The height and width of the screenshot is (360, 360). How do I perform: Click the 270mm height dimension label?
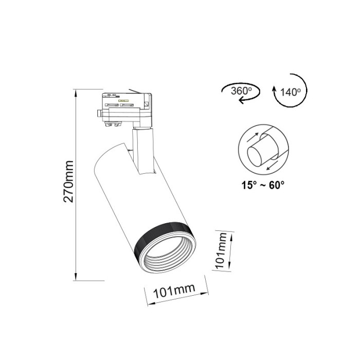(x=69, y=184)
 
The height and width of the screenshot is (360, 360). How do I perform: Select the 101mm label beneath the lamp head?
(x=175, y=292)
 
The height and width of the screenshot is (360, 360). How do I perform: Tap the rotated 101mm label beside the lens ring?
(x=222, y=251)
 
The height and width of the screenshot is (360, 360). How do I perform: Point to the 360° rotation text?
(x=241, y=91)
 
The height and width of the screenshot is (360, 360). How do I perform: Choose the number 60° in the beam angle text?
(x=275, y=185)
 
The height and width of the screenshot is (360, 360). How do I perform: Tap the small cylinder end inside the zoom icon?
(x=255, y=155)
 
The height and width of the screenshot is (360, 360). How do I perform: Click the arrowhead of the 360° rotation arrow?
(x=240, y=102)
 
